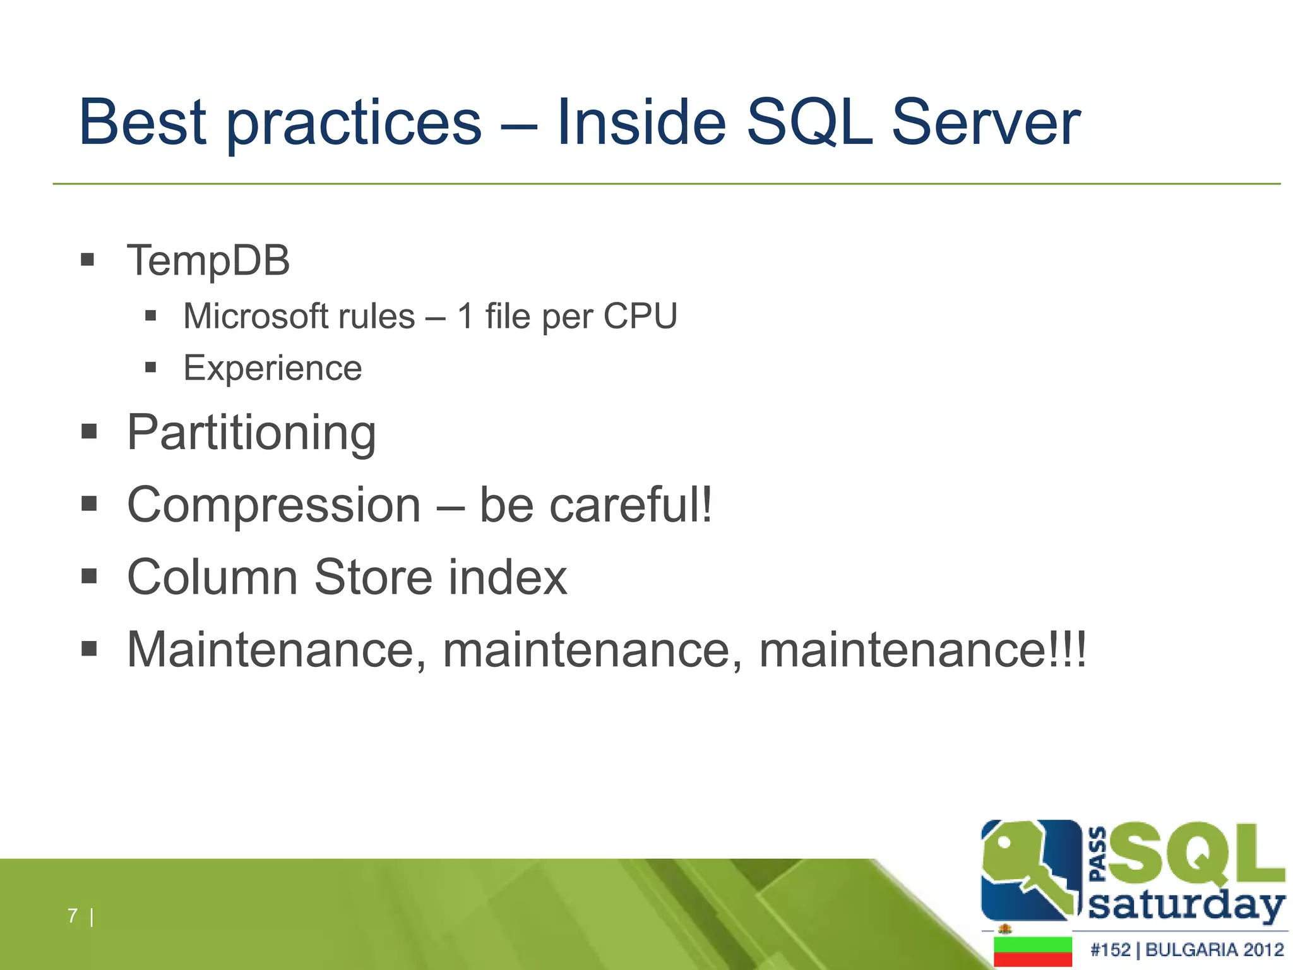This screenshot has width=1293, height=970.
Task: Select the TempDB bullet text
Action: [208, 260]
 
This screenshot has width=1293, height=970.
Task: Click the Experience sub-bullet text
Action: [272, 368]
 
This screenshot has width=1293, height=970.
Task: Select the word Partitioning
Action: [251, 433]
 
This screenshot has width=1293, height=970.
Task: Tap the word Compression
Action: [274, 505]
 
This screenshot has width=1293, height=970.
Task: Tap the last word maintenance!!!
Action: [922, 650]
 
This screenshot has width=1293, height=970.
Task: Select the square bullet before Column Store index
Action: [89, 577]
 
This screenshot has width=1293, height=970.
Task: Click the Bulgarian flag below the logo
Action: [1032, 952]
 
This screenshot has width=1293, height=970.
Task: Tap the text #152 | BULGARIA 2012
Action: [1187, 950]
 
